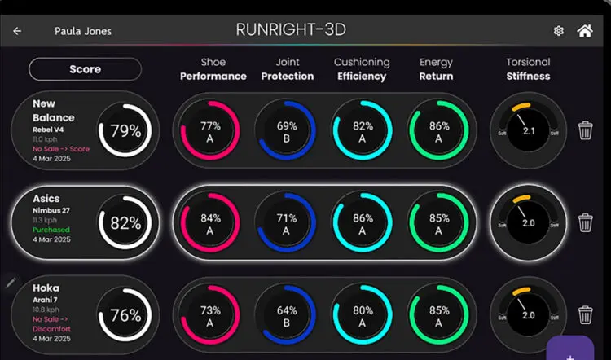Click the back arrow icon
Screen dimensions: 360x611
(18, 31)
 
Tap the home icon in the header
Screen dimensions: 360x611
(584, 31)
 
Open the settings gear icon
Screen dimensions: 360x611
(558, 31)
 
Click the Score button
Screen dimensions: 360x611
(85, 69)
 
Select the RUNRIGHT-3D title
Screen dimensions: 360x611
(291, 30)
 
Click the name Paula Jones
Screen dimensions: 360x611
(83, 31)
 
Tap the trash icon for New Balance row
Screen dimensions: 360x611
(585, 130)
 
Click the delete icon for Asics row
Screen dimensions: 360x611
(585, 222)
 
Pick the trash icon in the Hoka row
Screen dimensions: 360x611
(585, 314)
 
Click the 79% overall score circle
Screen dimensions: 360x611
(125, 130)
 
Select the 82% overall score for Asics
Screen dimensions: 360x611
(125, 223)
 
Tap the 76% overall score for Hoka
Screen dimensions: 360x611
(125, 315)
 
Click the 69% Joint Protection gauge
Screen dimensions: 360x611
(285, 130)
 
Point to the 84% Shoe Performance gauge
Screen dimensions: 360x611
(210, 223)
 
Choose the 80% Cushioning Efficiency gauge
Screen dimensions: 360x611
(363, 315)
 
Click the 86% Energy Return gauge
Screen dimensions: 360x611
(438, 130)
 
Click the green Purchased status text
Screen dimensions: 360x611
(51, 230)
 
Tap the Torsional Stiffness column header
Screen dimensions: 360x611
(528, 69)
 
